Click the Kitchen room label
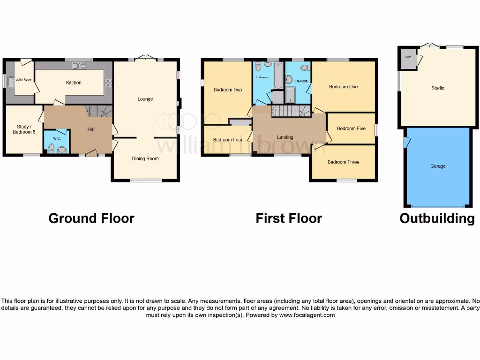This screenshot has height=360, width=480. [74, 83]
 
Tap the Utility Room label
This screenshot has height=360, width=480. [23, 80]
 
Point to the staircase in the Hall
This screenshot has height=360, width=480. [98, 112]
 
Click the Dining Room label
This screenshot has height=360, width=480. [145, 159]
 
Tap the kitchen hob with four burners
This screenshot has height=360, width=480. [108, 83]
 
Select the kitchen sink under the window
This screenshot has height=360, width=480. [76, 66]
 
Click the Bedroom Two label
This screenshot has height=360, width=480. [227, 90]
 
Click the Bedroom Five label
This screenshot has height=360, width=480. [351, 129]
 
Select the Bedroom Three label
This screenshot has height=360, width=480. [343, 162]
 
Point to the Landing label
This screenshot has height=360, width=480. [285, 137]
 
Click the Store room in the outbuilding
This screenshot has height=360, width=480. [407, 59]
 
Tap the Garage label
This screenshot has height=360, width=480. [438, 166]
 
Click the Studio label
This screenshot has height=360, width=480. [437, 88]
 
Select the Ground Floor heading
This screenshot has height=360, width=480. [91, 218]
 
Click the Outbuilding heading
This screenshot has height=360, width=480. [437, 218]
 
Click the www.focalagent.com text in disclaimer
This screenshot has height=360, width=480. [307, 315]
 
